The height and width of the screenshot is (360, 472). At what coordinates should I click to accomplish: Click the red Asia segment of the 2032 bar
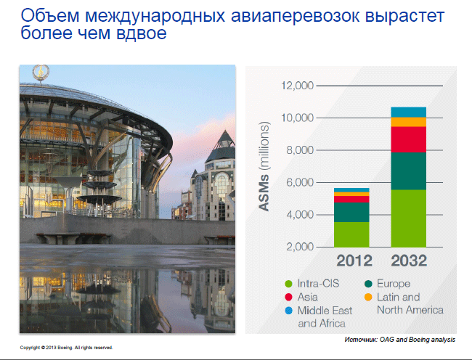[x=409, y=139]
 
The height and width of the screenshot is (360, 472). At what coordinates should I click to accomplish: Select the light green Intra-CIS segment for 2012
[x=351, y=234]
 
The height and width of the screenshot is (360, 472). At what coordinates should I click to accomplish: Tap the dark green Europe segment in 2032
[x=409, y=171]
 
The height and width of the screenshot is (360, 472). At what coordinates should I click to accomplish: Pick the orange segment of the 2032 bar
[x=409, y=122]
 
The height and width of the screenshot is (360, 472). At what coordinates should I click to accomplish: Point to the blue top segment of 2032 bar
[x=409, y=112]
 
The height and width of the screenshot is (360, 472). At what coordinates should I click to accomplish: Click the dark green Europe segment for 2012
[x=351, y=213]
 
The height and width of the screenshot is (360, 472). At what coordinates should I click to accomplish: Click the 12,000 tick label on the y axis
[x=298, y=86]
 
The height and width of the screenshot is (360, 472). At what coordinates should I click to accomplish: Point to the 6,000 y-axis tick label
[x=300, y=182]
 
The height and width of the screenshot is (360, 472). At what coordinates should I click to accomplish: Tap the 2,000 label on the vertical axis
[x=300, y=247]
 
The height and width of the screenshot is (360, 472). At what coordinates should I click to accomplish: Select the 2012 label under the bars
[x=354, y=261]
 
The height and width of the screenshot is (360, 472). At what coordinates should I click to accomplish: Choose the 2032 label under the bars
[x=409, y=261]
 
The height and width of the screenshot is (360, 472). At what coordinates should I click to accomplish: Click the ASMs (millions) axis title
[x=264, y=166]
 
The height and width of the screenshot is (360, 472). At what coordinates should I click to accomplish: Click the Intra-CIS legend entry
[x=312, y=284]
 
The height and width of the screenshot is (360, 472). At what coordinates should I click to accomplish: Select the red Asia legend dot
[x=288, y=297]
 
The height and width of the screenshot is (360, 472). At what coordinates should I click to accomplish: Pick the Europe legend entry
[x=388, y=284]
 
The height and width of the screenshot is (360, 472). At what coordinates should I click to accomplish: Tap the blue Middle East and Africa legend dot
[x=288, y=311]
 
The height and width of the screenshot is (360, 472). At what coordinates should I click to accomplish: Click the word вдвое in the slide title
[x=141, y=33]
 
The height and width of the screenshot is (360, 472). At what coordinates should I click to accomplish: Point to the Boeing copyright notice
[x=66, y=348]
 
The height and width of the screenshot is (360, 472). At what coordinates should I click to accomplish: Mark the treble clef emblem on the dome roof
[x=41, y=72]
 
